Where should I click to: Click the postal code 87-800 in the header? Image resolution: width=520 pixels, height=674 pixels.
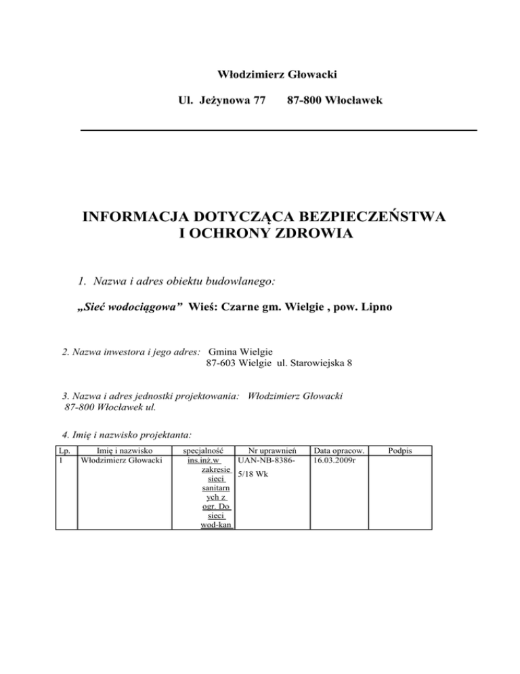(304, 100)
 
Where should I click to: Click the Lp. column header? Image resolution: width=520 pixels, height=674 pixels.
(64, 450)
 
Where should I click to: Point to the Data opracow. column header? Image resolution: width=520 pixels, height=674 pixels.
(339, 450)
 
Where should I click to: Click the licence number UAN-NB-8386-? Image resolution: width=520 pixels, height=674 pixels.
(265, 460)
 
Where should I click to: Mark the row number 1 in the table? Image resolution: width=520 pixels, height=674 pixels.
(60, 460)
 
